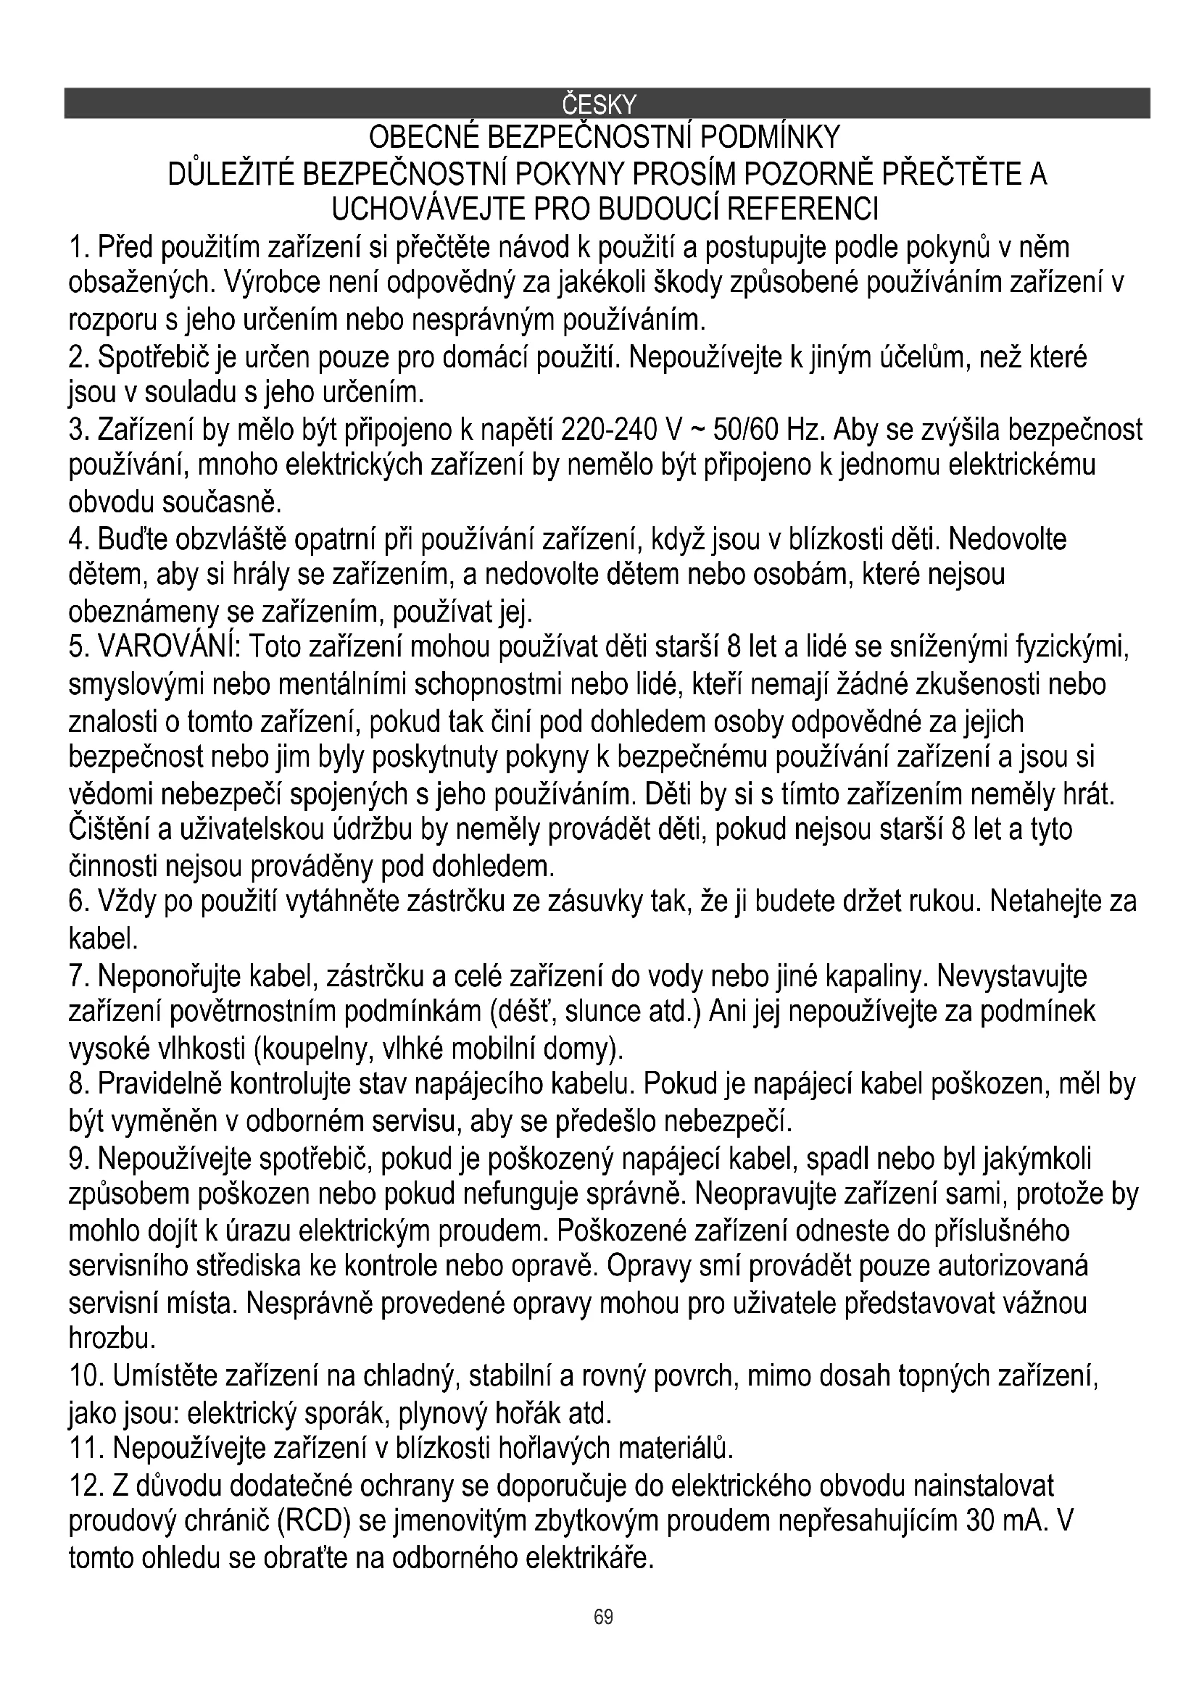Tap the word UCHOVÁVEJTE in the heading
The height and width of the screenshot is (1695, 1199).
(431, 209)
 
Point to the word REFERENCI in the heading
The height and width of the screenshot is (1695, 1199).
(802, 209)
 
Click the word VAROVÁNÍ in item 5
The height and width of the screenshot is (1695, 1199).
(167, 648)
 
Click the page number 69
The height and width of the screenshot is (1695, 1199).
(603, 1617)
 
